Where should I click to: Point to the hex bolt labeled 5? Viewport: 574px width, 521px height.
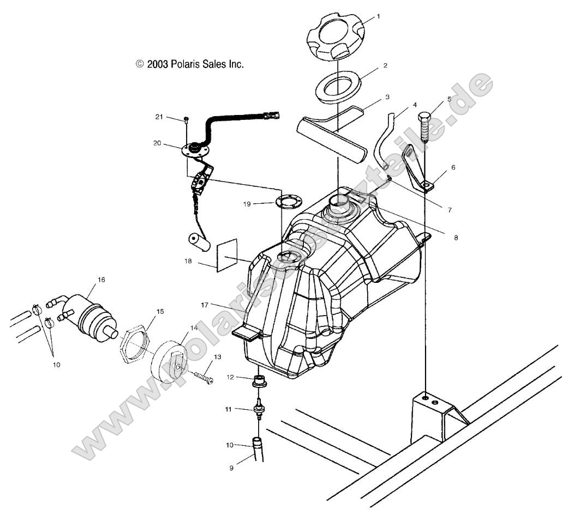point(424,126)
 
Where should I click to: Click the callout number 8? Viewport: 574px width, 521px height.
point(456,238)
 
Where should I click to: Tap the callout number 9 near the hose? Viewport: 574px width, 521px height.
point(231,468)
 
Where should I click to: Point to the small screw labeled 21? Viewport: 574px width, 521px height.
point(186,119)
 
